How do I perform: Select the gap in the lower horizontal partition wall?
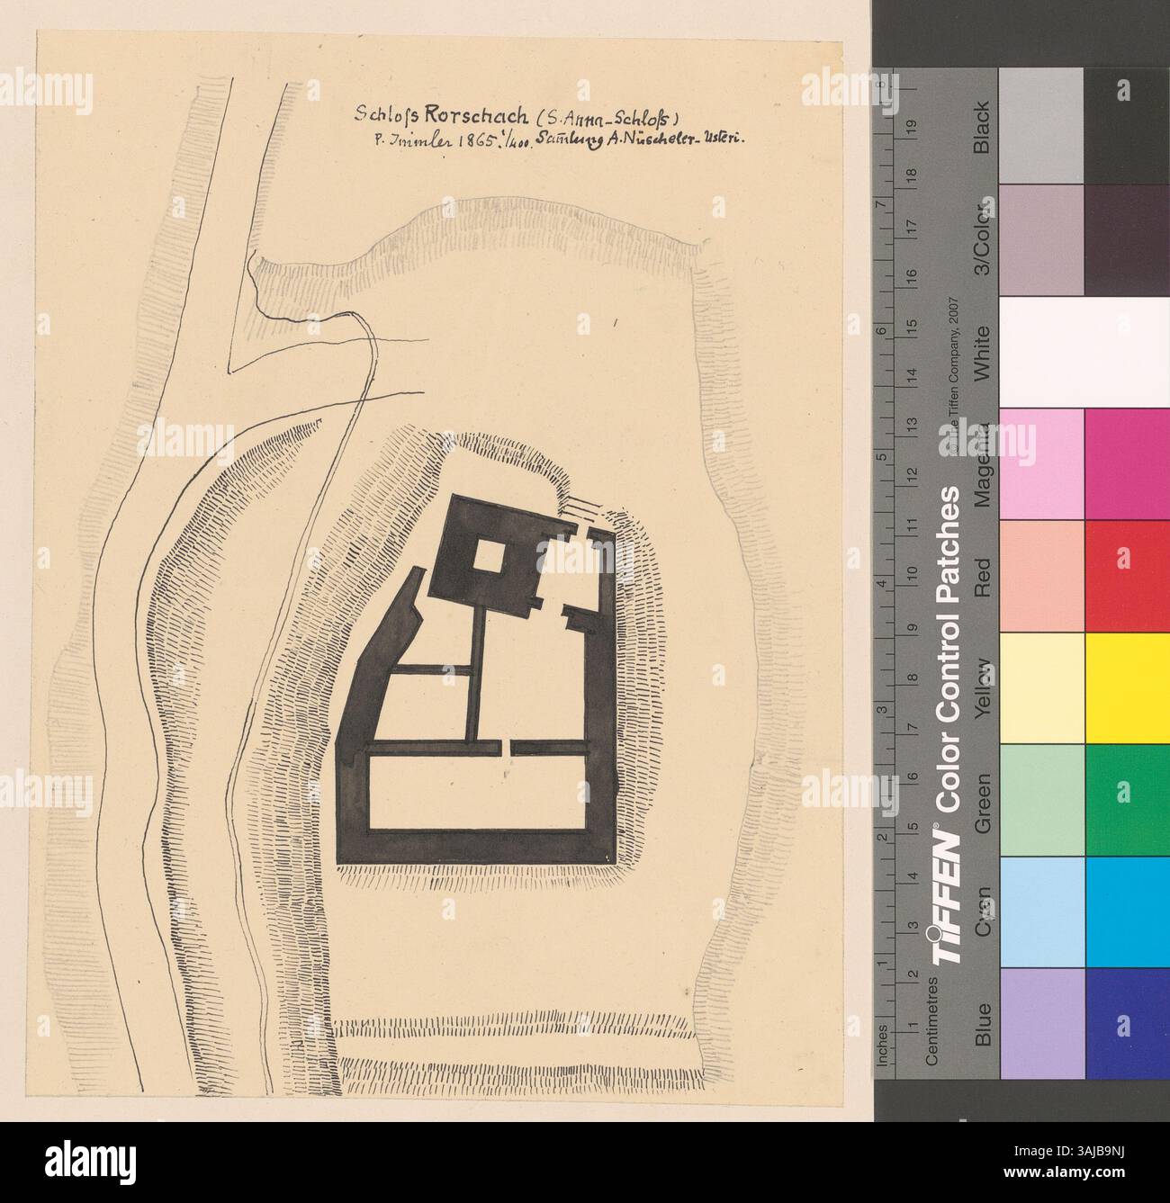pyautogui.click(x=508, y=749)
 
